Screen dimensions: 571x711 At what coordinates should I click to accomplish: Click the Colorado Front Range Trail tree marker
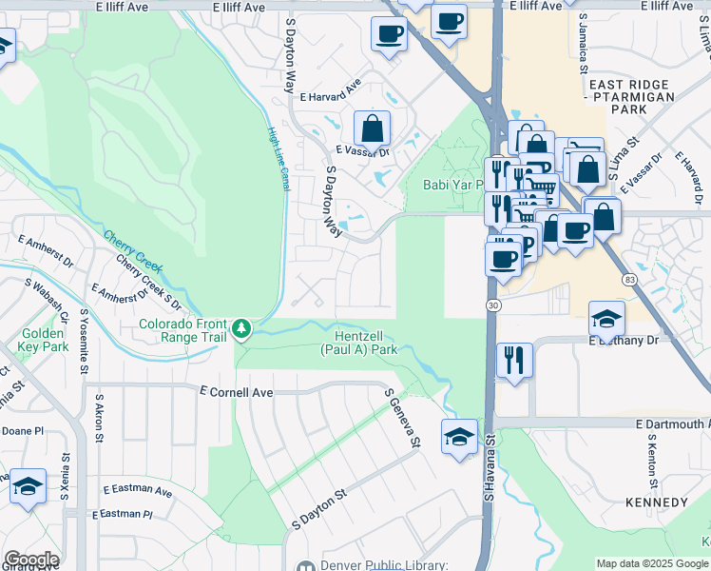[242, 329]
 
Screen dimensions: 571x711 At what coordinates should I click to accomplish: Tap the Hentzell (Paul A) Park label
[365, 343]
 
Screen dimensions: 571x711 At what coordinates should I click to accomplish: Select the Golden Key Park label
[44, 340]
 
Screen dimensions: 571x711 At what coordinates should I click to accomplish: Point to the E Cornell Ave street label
[237, 391]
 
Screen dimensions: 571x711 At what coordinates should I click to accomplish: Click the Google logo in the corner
[31, 560]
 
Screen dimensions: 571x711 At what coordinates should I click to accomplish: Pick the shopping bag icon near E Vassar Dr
[372, 128]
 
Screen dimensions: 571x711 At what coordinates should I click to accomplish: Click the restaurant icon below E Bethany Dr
[513, 360]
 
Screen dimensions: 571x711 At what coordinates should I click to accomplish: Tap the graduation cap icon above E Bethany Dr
[606, 319]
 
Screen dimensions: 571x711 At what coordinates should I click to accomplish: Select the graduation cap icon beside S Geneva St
[459, 437]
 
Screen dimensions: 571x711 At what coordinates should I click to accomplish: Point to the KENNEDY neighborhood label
[656, 502]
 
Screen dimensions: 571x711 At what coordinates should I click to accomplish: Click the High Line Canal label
[279, 159]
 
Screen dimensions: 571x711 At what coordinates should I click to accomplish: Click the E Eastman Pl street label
[122, 514]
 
